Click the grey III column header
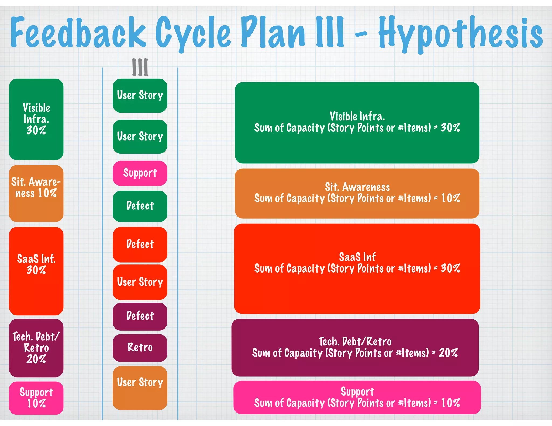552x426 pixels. pos(140,67)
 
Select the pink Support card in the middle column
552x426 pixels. pos(140,173)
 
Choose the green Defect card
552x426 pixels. pos(140,206)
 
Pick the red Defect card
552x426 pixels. pos(140,244)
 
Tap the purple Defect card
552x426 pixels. pos(140,316)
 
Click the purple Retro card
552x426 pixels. pos(140,348)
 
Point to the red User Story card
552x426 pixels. pos(140,282)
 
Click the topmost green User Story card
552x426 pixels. pos(140,95)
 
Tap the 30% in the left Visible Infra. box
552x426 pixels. pos(36,131)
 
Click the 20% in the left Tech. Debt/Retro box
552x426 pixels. pos(36,359)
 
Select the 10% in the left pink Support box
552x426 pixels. pos(36,403)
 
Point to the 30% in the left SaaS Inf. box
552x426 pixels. pos(36,270)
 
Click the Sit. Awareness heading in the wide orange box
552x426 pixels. pos(357,187)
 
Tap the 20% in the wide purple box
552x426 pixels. pos(448,353)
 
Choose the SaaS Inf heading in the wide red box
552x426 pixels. pos(357,257)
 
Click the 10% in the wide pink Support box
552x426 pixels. pos(450,403)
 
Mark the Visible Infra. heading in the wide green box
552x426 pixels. pos(357,116)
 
